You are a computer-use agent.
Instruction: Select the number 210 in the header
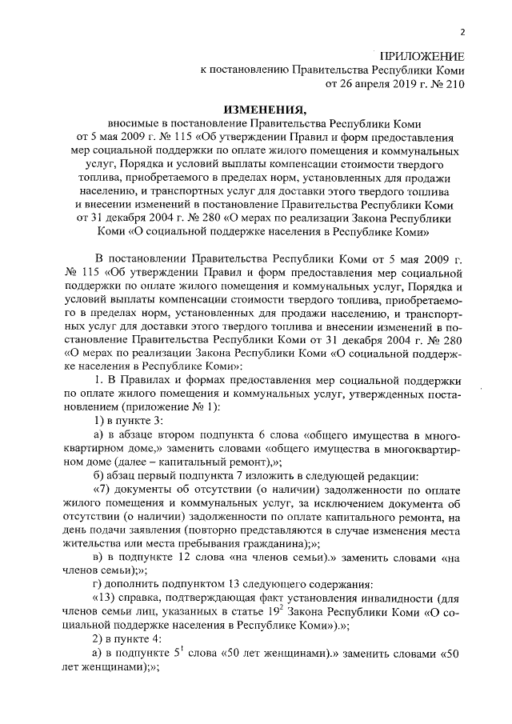pyautogui.click(x=451, y=82)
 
